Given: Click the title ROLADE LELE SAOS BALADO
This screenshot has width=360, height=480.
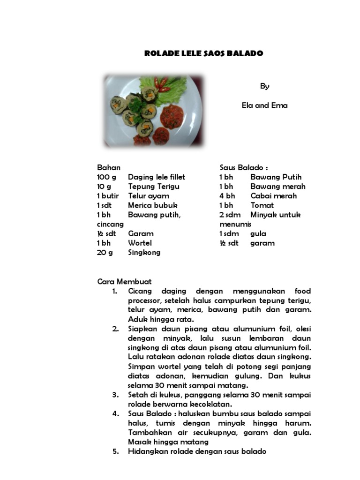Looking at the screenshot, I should pyautogui.click(x=204, y=53).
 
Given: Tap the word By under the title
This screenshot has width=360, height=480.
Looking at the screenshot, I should pyautogui.click(x=265, y=86).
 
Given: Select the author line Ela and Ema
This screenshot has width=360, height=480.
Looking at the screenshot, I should pyautogui.click(x=264, y=105).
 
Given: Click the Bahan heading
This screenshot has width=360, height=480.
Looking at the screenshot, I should pyautogui.click(x=109, y=167).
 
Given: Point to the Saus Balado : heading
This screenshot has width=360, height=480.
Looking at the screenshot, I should pyautogui.click(x=244, y=167).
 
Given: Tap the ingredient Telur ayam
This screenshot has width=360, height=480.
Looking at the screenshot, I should pyautogui.click(x=148, y=195).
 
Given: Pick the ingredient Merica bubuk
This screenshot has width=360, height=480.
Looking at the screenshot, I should pyautogui.click(x=152, y=205).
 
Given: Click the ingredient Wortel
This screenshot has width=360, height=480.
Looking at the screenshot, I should pyautogui.click(x=140, y=243).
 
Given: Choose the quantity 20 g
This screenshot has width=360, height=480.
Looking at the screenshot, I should pyautogui.click(x=105, y=252).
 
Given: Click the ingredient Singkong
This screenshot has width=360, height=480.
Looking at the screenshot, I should pyautogui.click(x=144, y=252).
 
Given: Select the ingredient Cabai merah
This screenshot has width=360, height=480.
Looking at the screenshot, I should pyautogui.click(x=273, y=195).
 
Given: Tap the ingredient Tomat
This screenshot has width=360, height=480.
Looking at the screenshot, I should pyautogui.click(x=262, y=205).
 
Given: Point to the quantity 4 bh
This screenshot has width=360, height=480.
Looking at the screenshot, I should pyautogui.click(x=227, y=195).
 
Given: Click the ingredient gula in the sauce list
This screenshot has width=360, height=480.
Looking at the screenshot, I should pyautogui.click(x=258, y=233).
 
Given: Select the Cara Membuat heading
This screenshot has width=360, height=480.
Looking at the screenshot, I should pyautogui.click(x=124, y=282).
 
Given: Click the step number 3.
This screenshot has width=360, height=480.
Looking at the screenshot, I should pyautogui.click(x=115, y=395).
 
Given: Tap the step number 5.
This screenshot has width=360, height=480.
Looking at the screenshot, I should pyautogui.click(x=115, y=451).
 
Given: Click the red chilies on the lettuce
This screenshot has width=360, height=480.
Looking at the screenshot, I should pyautogui.click(x=163, y=85).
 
